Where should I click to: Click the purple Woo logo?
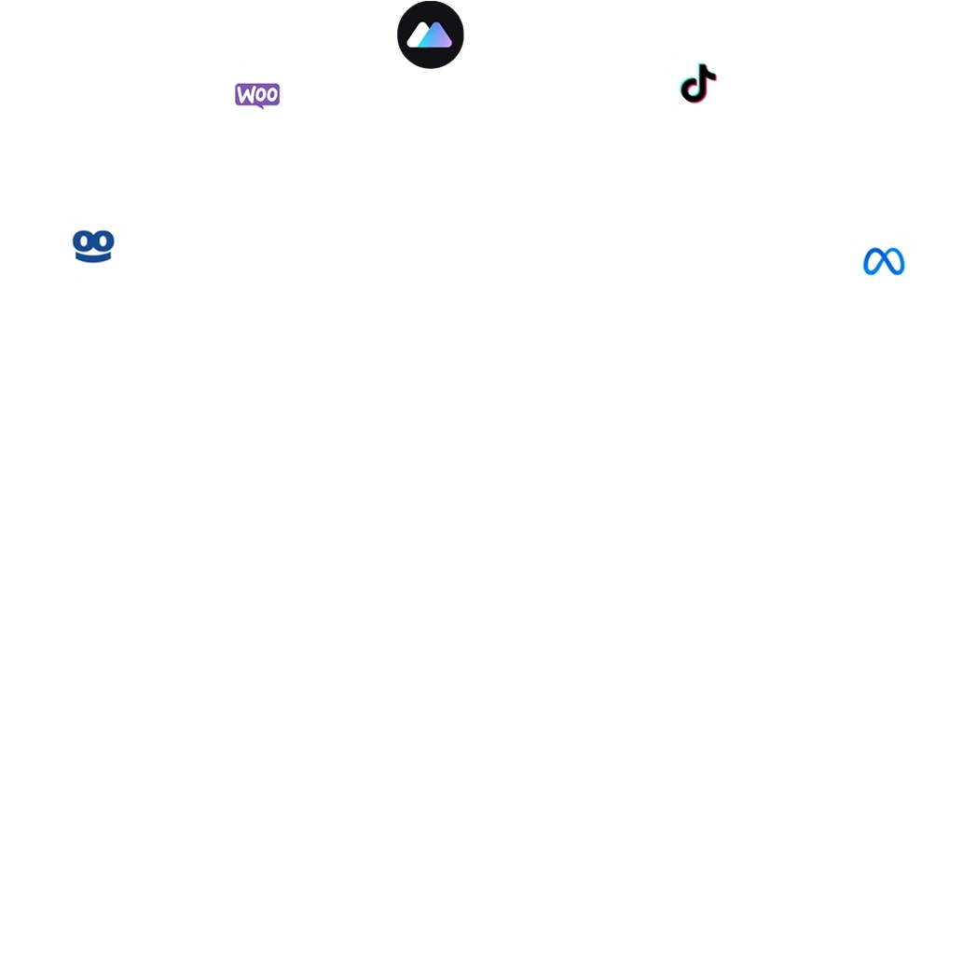[257, 95]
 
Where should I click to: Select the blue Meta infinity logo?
[884, 261]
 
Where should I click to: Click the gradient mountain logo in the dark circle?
[430, 35]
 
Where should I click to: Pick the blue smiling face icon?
[93, 245]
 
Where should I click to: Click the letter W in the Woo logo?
[244, 95]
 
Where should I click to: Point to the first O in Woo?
[259, 95]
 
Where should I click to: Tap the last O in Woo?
[271, 95]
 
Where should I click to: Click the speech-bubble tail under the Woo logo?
[262, 106]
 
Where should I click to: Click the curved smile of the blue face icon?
[93, 256]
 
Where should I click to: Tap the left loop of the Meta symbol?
[874, 262]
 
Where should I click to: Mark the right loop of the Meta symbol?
[895, 262]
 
